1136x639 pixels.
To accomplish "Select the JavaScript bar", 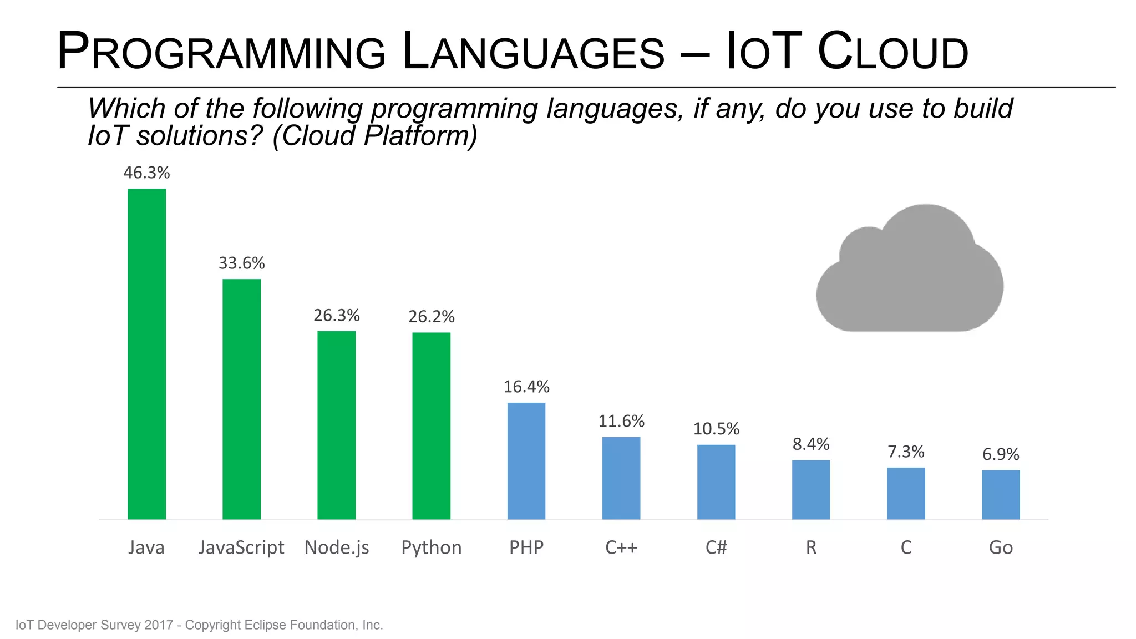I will (241, 399).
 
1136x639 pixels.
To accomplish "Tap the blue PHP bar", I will (526, 461).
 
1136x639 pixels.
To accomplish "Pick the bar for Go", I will (1001, 495).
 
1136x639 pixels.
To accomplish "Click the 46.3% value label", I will (146, 173).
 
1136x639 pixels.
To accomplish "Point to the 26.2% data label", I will (432, 317).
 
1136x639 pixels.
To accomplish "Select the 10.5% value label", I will (716, 429).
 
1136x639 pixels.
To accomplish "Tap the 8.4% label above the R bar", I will (811, 444).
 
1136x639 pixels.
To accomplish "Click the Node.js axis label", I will (337, 548).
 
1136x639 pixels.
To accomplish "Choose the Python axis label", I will (432, 548).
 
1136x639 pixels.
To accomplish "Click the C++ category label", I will (621, 548).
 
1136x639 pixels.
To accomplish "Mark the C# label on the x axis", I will (716, 548).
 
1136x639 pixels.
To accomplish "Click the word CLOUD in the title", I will (892, 52).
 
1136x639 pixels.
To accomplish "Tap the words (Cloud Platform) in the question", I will (374, 136).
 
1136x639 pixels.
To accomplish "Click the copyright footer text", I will (199, 625).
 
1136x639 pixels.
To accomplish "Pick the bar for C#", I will (716, 482).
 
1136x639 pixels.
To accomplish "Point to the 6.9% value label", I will (1001, 455).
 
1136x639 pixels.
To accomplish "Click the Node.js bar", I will (336, 425).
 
